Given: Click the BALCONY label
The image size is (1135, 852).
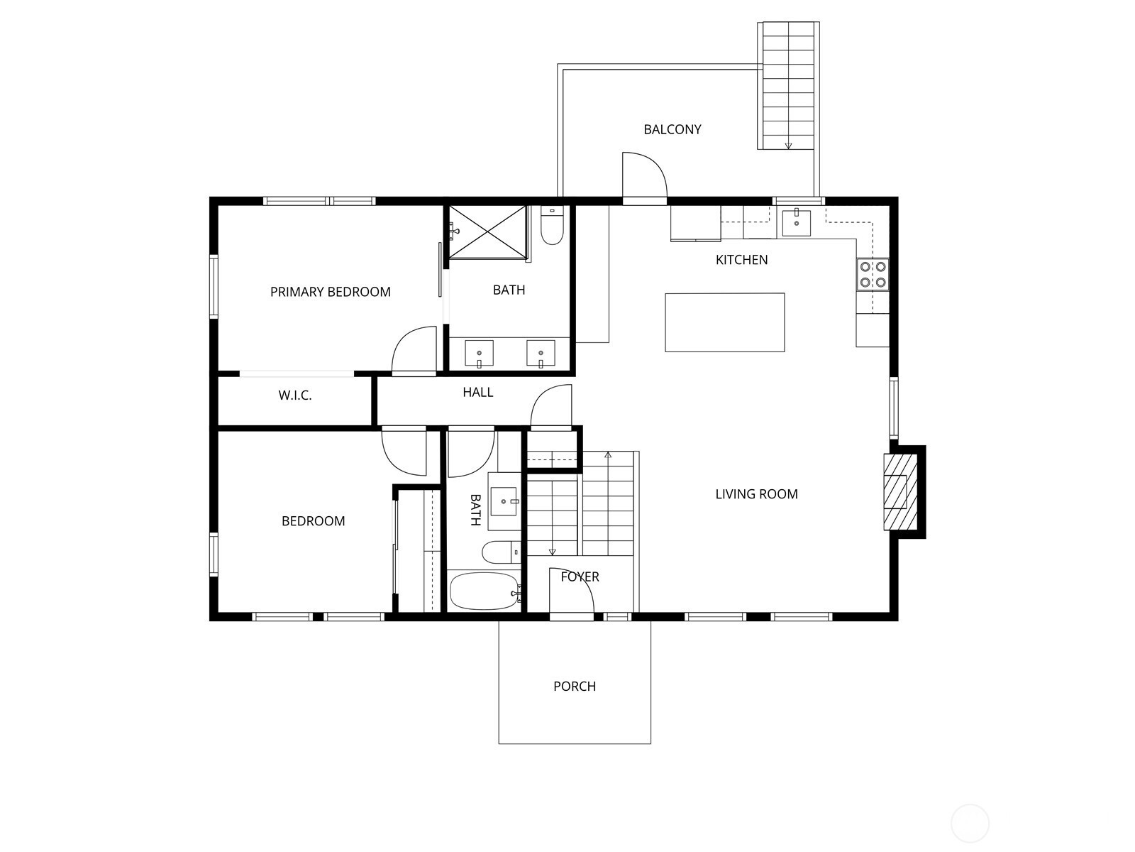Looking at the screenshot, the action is pyautogui.click(x=672, y=129).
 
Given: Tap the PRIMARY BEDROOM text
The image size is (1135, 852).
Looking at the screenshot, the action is pyautogui.click(x=331, y=292).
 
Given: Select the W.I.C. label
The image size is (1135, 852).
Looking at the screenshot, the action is pyautogui.click(x=294, y=395).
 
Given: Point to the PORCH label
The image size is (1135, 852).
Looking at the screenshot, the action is pyautogui.click(x=575, y=687).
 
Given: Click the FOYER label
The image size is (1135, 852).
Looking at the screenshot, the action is pyautogui.click(x=580, y=577).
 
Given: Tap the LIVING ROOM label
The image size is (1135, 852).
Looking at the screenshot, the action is pyautogui.click(x=756, y=494).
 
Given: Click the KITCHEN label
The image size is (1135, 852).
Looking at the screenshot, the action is pyautogui.click(x=741, y=260).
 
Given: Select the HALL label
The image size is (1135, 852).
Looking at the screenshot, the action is pyautogui.click(x=478, y=393).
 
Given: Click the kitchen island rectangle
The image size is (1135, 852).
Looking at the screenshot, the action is pyautogui.click(x=724, y=322).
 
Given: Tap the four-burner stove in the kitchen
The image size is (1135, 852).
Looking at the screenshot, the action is pyautogui.click(x=873, y=275).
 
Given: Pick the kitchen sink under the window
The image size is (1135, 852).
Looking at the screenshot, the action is pyautogui.click(x=796, y=222).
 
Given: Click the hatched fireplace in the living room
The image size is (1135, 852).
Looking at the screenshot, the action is pyautogui.click(x=900, y=491).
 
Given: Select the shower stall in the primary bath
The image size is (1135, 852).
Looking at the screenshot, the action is pyautogui.click(x=487, y=231).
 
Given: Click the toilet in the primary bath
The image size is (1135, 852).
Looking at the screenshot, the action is pyautogui.click(x=552, y=226).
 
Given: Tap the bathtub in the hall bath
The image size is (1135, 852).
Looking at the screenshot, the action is pyautogui.click(x=485, y=591).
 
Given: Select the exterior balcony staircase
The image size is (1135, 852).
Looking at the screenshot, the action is pyautogui.click(x=788, y=86).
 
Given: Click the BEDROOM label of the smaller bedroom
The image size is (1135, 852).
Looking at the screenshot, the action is pyautogui.click(x=313, y=521).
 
